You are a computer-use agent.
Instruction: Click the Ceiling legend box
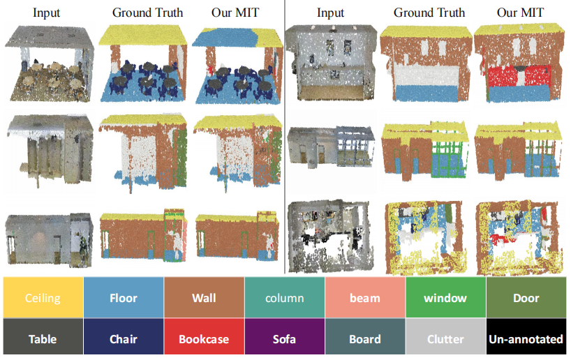(x=43, y=298)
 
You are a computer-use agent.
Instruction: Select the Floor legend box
(x=123, y=298)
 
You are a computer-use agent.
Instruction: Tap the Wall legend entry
(x=204, y=298)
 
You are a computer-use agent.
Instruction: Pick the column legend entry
(x=284, y=298)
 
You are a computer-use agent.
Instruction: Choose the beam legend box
(x=365, y=298)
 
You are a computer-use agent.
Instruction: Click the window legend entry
(x=445, y=298)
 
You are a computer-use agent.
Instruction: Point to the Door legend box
(x=526, y=298)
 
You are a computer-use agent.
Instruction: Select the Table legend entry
(x=43, y=339)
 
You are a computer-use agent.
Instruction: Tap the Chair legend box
(x=123, y=339)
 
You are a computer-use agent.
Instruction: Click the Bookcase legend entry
(x=204, y=339)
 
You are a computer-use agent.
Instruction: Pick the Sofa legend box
(x=284, y=339)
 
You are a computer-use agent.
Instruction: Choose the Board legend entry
(x=365, y=339)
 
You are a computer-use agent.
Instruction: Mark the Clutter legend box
(x=445, y=339)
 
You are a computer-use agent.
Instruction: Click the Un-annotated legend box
(x=526, y=339)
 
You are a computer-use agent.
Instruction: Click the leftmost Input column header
(x=47, y=13)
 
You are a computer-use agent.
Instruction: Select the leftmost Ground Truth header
(x=147, y=13)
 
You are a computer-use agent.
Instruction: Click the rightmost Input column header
(x=330, y=13)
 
